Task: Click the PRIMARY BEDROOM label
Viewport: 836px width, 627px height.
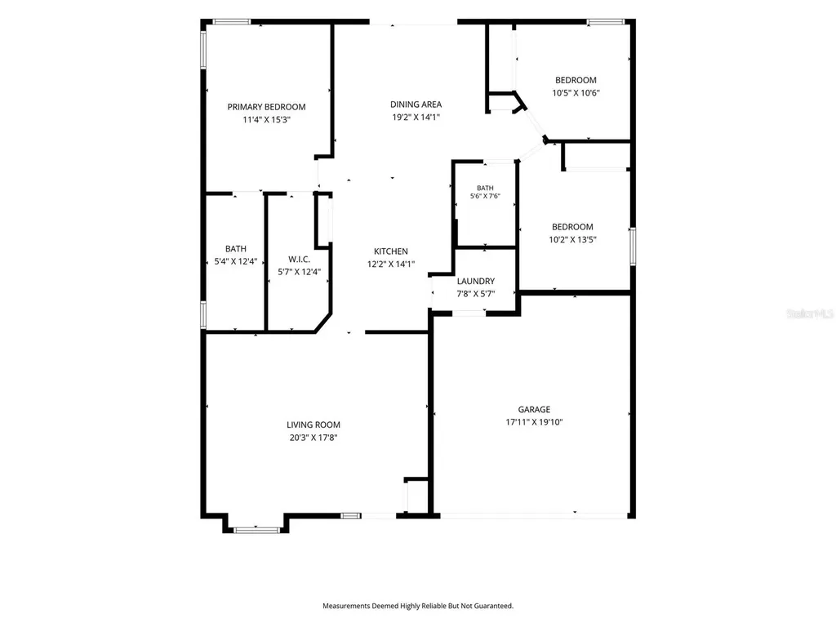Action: (267, 107)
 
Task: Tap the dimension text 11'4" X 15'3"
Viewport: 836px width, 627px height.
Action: (267, 119)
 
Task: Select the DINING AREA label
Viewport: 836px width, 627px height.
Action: (416, 104)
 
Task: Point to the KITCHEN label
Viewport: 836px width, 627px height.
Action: (391, 251)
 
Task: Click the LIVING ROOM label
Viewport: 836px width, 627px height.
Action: (313, 425)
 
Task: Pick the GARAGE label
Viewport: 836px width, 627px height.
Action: (534, 410)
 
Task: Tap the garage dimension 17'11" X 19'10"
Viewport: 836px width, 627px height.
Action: (534, 422)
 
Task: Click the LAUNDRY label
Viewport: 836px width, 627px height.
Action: (476, 281)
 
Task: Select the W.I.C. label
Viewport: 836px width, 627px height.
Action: (299, 259)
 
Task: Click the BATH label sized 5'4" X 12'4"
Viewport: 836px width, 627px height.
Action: (236, 249)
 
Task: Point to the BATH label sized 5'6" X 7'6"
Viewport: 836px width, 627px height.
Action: (485, 188)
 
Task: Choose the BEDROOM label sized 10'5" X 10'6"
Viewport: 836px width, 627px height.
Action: (576, 80)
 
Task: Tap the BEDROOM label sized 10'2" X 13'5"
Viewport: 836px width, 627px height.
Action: (572, 227)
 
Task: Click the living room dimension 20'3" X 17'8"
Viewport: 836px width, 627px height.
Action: (313, 438)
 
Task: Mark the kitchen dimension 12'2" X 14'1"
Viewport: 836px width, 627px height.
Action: (391, 264)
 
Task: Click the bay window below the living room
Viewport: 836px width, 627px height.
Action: (256, 530)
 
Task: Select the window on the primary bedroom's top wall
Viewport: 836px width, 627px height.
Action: (232, 22)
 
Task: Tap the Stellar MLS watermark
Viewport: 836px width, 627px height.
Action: (810, 313)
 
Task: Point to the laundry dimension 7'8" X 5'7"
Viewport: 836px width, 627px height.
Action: (476, 294)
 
